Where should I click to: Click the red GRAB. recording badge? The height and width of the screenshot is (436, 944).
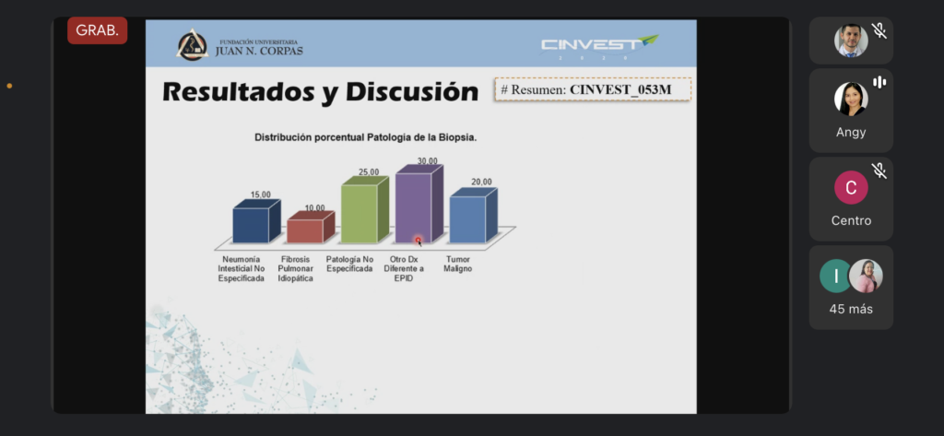click(97, 30)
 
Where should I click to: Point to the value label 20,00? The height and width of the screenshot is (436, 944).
click(481, 182)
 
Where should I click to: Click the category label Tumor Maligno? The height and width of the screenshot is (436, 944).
click(457, 264)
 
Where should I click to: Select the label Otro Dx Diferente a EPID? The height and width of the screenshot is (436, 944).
click(404, 268)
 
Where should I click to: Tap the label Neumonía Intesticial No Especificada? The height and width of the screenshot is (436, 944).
click(241, 268)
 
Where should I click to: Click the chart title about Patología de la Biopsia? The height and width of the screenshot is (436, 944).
click(365, 137)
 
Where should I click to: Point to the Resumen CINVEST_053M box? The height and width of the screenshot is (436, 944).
click(593, 89)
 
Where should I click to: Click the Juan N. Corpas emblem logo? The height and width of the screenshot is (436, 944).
click(192, 44)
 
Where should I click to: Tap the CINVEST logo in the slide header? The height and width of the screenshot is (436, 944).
click(599, 46)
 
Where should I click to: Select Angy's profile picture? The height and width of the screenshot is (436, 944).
click(851, 98)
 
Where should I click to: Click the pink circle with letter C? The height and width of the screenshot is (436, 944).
click(851, 187)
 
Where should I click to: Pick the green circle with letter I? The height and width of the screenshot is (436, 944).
click(835, 276)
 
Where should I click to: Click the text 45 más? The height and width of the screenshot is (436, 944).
click(851, 309)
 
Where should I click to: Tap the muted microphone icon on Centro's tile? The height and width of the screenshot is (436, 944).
click(879, 171)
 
